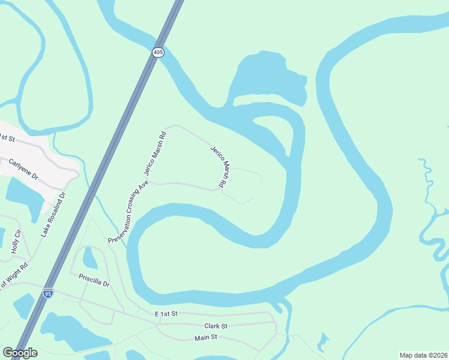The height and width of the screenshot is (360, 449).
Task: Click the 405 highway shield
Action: (x=157, y=53)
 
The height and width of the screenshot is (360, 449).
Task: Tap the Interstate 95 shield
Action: (x=48, y=293)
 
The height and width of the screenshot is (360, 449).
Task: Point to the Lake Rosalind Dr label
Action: (x=52, y=214)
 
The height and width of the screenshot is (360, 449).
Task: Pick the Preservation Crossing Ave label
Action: (x=128, y=213)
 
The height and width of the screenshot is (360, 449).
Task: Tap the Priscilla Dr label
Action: (x=94, y=280)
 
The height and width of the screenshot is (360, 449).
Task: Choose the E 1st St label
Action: (x=166, y=314)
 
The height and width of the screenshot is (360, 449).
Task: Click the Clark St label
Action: (x=215, y=326)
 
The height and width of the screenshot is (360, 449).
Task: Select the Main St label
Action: (x=206, y=338)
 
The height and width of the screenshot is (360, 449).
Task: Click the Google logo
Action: (x=20, y=353)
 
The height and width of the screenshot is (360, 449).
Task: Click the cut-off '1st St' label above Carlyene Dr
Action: (x=7, y=138)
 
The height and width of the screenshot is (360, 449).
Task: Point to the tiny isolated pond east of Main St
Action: (x=323, y=343)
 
